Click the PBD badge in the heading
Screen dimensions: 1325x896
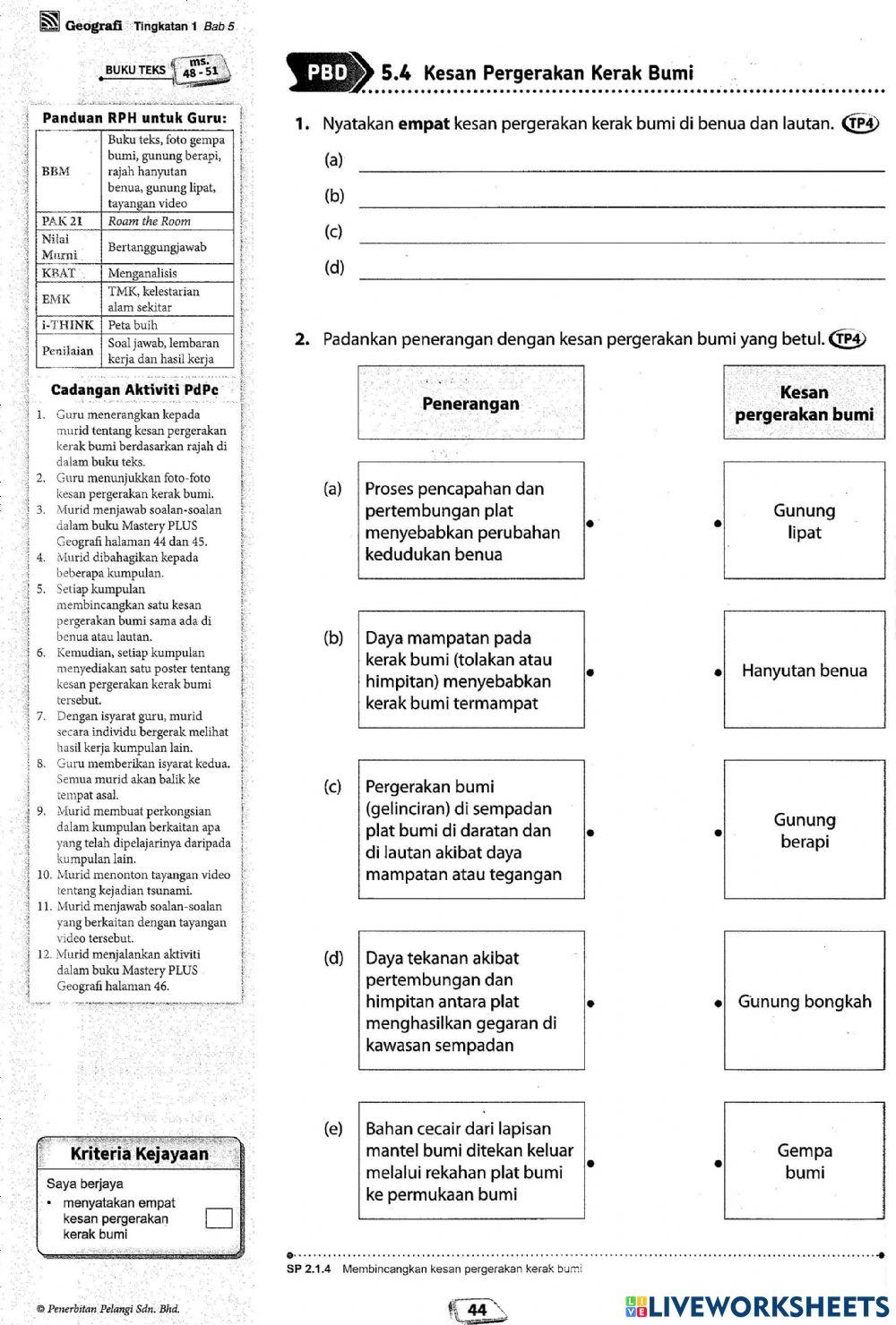328,73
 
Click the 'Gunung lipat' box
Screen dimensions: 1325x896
804,521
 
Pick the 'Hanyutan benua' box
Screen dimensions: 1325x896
804,671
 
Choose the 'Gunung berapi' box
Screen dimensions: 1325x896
804,830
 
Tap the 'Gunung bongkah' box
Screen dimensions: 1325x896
804,1001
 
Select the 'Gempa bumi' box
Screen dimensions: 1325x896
804,1161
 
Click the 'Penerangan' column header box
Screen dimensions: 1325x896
470,403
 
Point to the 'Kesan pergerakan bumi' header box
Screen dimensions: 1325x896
804,403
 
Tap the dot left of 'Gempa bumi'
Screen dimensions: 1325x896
719,1163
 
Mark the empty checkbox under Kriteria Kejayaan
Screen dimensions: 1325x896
219,1218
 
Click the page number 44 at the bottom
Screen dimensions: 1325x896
478,1309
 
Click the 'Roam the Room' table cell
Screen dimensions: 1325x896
169,221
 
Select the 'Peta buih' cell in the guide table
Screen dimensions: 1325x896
169,325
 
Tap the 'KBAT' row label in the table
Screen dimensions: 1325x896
60,273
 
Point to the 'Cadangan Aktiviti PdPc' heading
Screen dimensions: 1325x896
134,389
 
